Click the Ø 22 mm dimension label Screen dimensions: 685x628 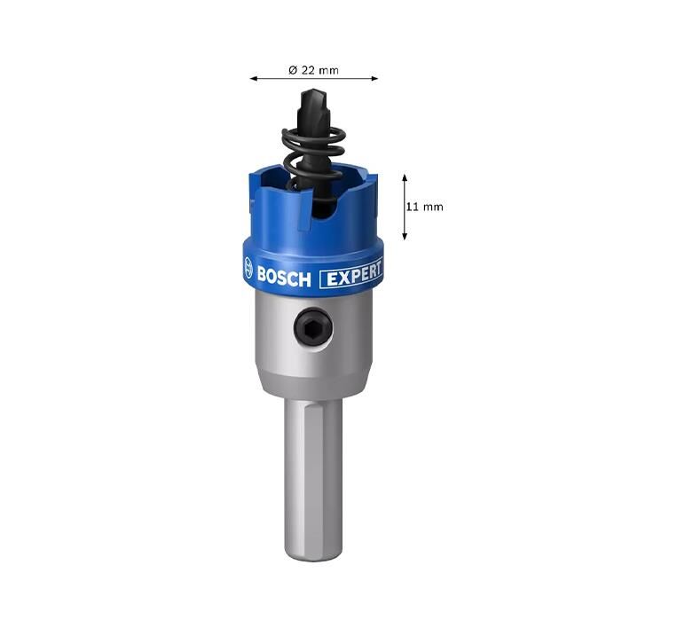[x=313, y=70]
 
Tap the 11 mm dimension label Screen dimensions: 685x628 [x=424, y=207]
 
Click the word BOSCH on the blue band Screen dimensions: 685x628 [x=284, y=278]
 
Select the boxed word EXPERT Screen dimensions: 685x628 [x=351, y=275]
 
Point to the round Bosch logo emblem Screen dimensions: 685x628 [x=248, y=267]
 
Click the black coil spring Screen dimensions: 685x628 [x=314, y=160]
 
